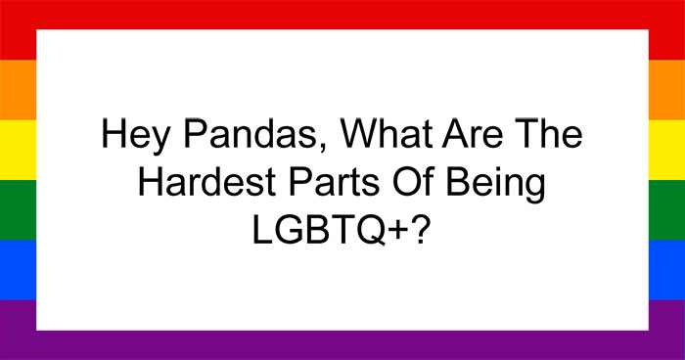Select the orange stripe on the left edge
point(18,90)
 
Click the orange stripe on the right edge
point(666,90)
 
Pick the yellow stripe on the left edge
point(18,150)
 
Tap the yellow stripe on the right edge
point(666,150)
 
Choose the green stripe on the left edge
point(18,209)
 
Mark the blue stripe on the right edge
point(666,269)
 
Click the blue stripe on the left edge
point(18,269)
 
